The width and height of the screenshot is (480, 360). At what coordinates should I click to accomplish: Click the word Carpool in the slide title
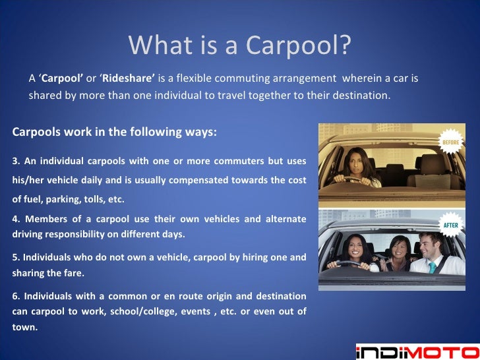[x=297, y=45]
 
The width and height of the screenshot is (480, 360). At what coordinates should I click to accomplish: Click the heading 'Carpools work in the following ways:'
[x=114, y=132]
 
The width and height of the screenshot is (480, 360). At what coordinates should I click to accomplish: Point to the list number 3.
[x=16, y=162]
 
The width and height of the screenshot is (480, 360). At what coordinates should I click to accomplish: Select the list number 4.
[x=16, y=219]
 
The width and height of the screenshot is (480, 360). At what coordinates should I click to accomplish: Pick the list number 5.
[x=16, y=258]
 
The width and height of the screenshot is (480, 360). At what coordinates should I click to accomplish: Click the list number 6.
[x=16, y=296]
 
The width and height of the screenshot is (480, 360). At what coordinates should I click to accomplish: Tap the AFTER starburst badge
[x=452, y=224]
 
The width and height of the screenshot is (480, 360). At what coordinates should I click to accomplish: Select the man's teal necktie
[x=433, y=267]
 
